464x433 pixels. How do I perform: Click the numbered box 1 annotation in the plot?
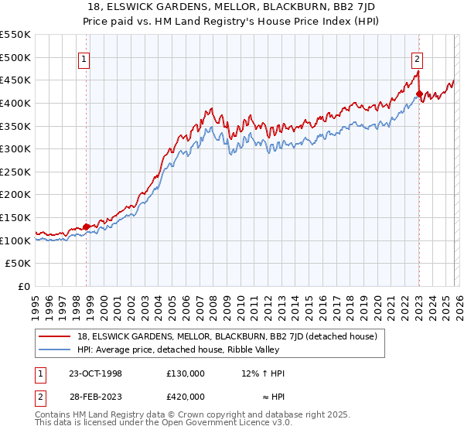84,57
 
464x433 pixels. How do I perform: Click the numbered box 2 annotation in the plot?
418,57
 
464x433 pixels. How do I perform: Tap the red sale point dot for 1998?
86,227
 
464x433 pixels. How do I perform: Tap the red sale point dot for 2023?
418,94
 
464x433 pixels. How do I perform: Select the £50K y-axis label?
19,264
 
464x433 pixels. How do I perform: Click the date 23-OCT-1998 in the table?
91,373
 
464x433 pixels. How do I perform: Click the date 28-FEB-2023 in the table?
91,396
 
